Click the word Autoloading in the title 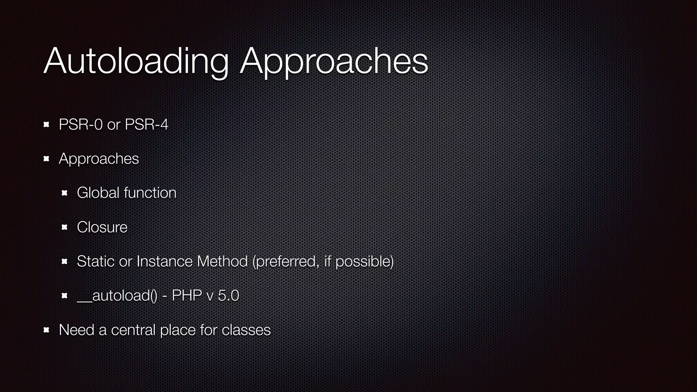[x=136, y=61]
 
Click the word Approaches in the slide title [x=334, y=62]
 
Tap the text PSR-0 [x=81, y=125]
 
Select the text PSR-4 [x=146, y=125]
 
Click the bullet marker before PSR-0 [x=47, y=125]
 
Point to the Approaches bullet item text [x=99, y=159]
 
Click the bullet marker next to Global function [x=65, y=193]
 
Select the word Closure [x=102, y=227]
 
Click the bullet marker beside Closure [x=65, y=227]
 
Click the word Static [x=96, y=261]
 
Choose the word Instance [x=164, y=261]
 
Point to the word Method [x=222, y=261]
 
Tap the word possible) [x=364, y=261]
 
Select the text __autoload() [x=117, y=295]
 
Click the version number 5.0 [x=228, y=295]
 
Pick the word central [x=133, y=330]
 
